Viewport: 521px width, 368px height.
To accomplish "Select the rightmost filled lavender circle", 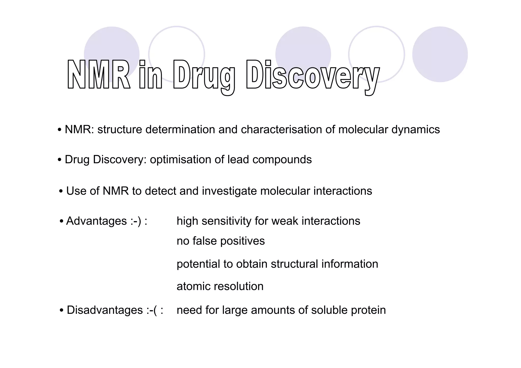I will pos(440,54).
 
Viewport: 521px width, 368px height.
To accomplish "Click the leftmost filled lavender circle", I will pos(111,48).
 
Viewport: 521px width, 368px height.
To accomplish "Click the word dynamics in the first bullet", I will pos(415,130).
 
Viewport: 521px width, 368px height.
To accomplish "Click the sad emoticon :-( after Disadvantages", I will pos(151,310).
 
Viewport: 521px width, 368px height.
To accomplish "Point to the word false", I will pos(205,241).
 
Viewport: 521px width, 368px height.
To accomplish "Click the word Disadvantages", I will pos(105,310).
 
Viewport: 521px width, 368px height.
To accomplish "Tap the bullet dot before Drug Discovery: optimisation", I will pos(60,160).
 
